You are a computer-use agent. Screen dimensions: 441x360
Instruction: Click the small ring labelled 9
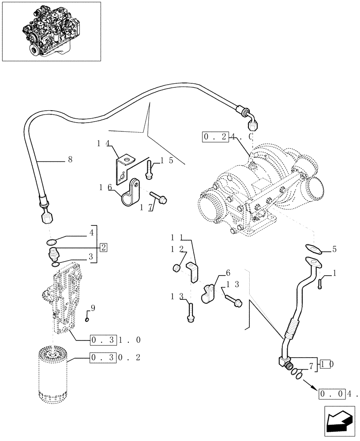point(87,320)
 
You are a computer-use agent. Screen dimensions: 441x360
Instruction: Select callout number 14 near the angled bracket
point(103,143)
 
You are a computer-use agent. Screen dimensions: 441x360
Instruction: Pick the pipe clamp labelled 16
point(130,194)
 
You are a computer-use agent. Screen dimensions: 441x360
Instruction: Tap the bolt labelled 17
point(159,198)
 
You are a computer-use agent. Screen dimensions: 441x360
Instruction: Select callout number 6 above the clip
point(228,273)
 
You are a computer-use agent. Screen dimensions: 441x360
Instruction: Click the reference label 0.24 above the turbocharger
point(228,137)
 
